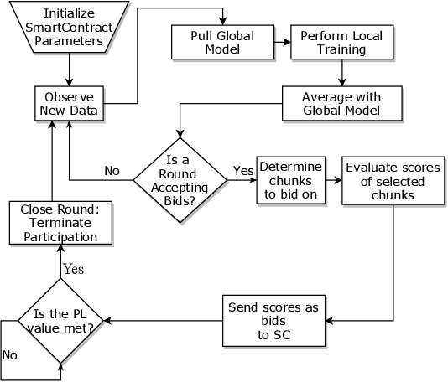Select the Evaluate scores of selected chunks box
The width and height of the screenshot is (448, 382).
393,179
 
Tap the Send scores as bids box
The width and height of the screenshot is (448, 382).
273,319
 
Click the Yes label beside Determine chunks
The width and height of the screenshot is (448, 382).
242,171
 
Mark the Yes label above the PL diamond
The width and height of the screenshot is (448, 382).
73,271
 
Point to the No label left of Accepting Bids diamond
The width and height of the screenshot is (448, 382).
112,171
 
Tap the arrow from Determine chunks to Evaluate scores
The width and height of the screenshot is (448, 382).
332,179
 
